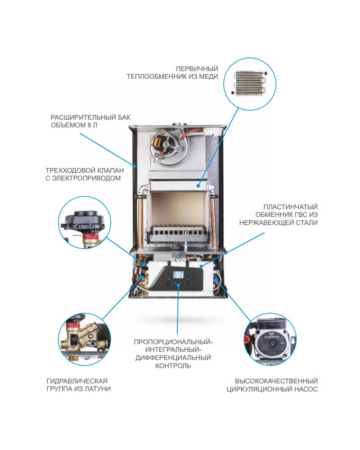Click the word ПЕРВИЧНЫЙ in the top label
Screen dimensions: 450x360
[x=197, y=68]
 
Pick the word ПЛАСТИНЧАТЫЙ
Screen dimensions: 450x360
[x=291, y=207]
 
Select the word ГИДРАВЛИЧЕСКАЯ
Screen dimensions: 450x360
[x=76, y=381]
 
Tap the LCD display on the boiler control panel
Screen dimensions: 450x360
[x=179, y=275]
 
